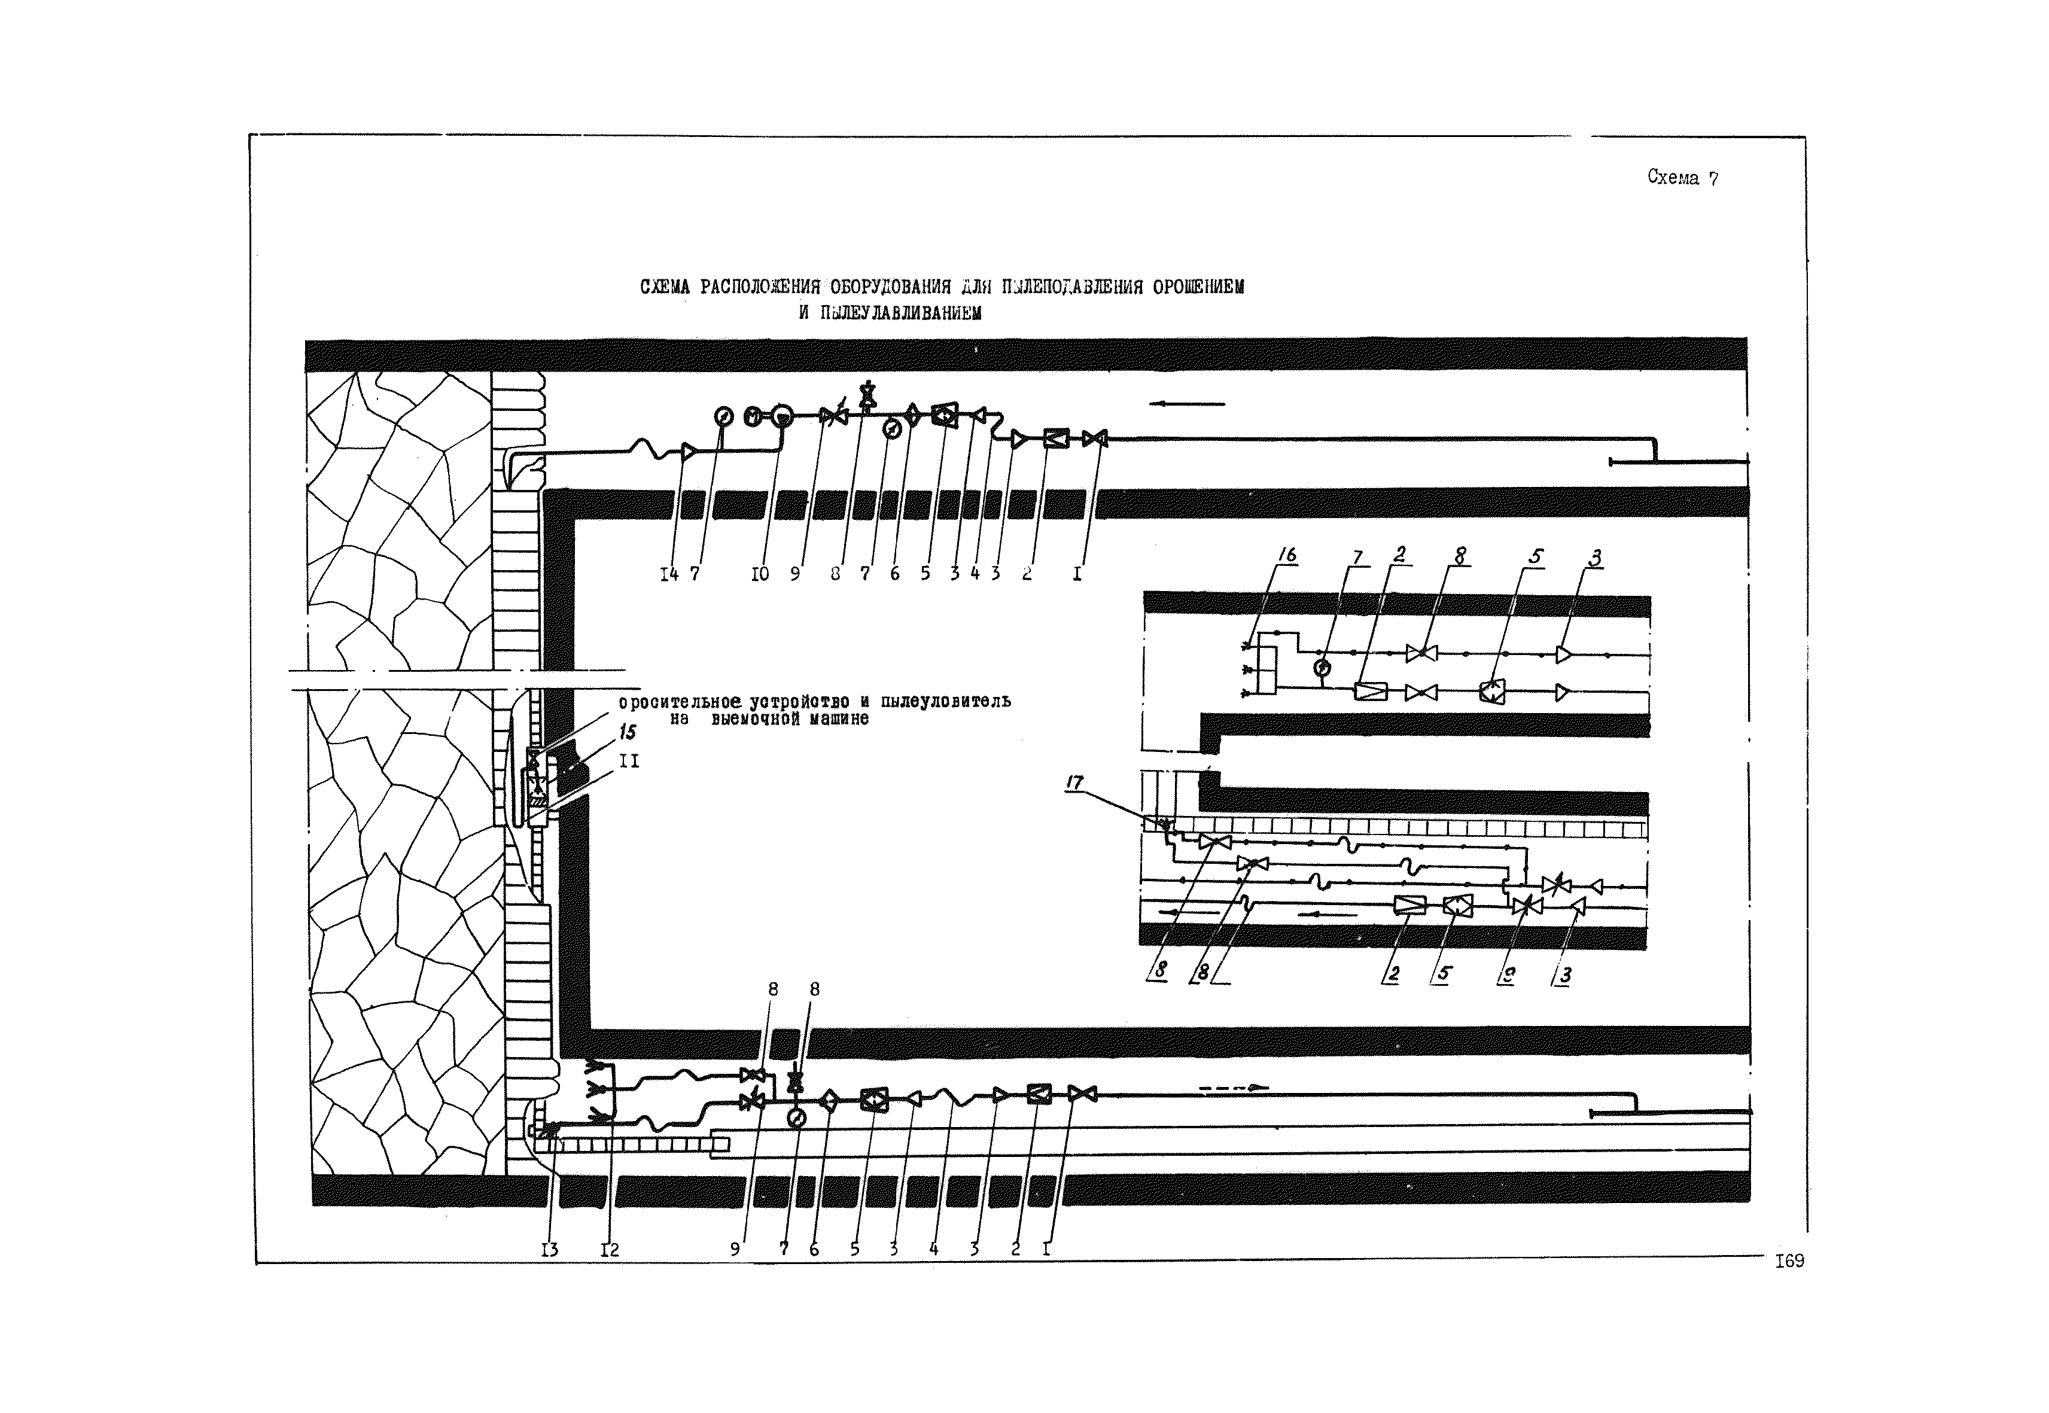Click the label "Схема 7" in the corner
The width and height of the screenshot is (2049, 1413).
pos(1682,177)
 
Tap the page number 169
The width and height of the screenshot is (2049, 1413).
pos(1789,1260)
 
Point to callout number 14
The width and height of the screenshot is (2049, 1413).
pos(668,574)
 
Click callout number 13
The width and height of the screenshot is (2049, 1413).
pos(550,1249)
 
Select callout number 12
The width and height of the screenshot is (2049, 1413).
pos(609,1249)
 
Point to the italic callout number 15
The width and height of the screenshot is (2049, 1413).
pos(627,732)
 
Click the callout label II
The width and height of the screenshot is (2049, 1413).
pos(629,760)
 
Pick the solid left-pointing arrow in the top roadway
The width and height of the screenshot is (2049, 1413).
pos(1186,404)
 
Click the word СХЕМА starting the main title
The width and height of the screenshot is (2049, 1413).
pos(665,288)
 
